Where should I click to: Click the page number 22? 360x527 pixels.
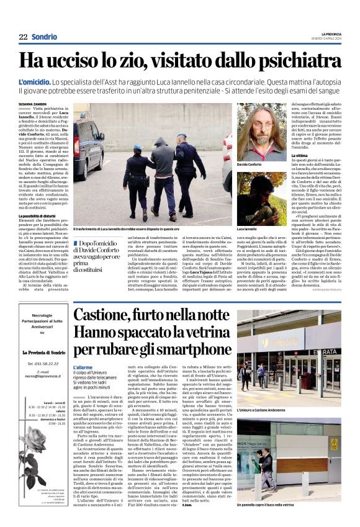tap(23, 37)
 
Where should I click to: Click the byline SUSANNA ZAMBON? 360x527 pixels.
tap(33, 104)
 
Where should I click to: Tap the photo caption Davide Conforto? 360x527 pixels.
tap(250, 164)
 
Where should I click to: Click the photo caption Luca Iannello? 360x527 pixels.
tap(246, 229)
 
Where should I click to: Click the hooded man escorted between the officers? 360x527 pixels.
tap(161, 168)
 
